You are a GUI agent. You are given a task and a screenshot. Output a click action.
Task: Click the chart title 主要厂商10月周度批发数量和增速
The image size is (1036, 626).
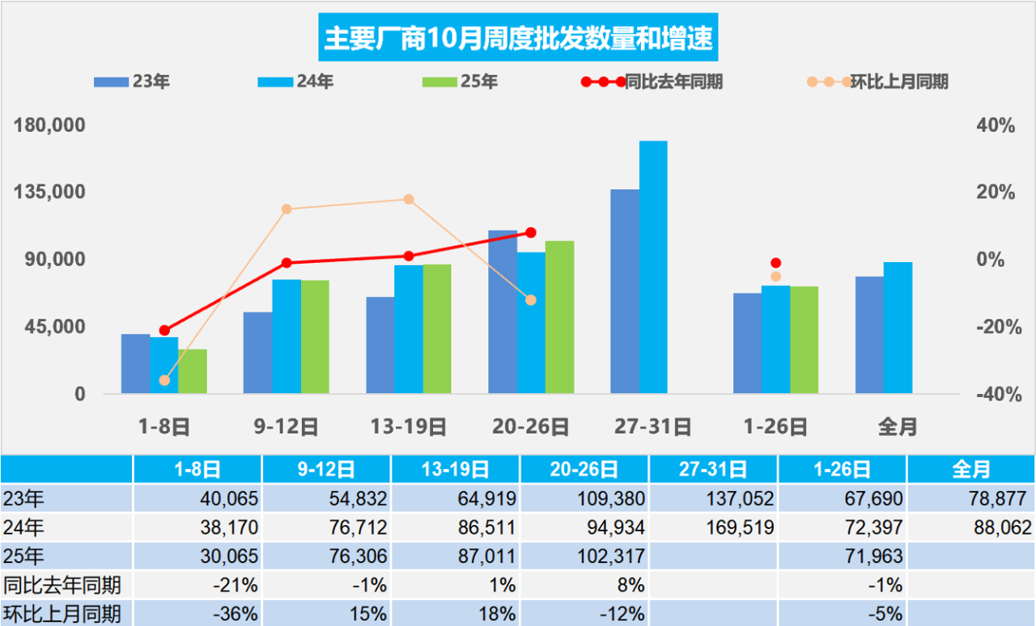point(518,38)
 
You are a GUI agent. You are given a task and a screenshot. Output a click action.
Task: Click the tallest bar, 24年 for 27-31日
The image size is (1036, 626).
point(653,267)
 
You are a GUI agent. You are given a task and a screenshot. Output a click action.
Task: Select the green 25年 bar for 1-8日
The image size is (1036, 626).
point(193,371)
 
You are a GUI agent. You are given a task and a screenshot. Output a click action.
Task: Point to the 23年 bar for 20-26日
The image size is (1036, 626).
point(502,312)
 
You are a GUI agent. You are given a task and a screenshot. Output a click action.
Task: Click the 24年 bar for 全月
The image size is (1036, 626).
point(898,328)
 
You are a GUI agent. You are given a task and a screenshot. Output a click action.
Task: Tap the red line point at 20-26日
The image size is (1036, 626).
point(531,233)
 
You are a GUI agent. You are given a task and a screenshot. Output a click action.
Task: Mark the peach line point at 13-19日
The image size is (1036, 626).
point(409,199)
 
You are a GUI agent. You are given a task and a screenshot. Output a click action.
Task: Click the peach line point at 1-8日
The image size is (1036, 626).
point(164,380)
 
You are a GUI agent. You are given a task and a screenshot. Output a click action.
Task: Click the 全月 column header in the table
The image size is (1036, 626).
point(970,469)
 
